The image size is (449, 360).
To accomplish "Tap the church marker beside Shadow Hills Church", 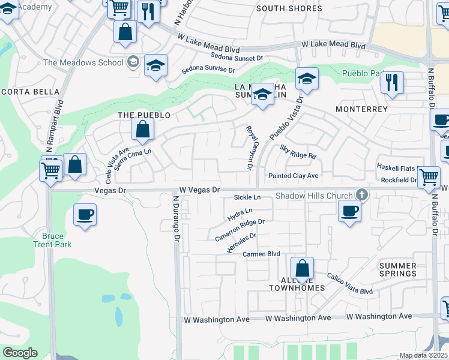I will (x=361, y=194).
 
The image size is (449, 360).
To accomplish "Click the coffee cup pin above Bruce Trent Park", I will (x=85, y=215).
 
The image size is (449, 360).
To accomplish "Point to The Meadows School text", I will (x=83, y=62).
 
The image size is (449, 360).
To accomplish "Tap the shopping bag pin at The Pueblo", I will (x=143, y=130).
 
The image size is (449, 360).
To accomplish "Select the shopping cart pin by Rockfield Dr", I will (x=429, y=177).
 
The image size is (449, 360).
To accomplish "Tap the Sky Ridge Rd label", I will (x=298, y=155).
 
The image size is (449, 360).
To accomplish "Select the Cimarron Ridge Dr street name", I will (x=240, y=230).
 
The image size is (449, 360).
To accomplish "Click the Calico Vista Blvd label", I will (x=350, y=284).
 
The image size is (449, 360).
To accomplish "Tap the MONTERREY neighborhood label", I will (x=362, y=109).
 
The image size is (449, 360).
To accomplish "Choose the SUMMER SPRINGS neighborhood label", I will (x=398, y=269).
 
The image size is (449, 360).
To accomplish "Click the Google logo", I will (x=19, y=353).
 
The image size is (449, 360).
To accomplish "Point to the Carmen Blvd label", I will (x=262, y=254).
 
